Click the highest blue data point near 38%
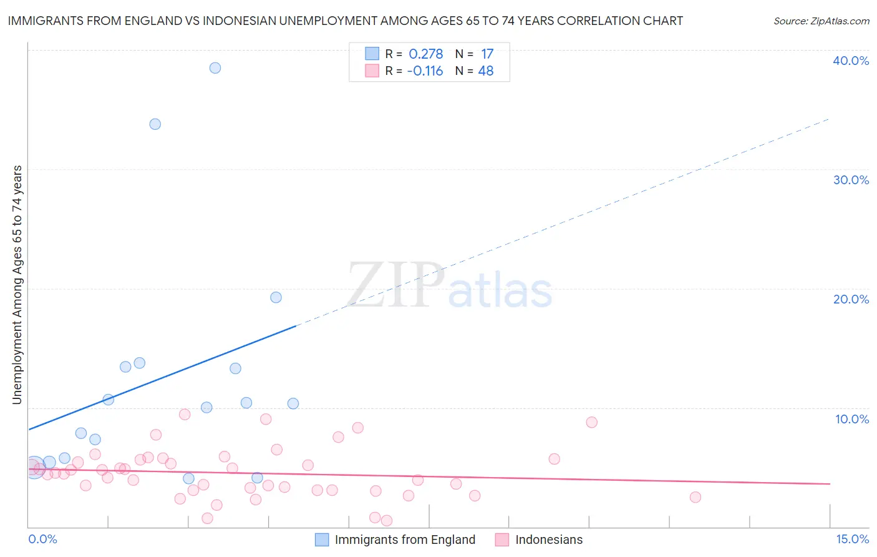click(215, 68)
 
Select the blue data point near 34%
click(155, 124)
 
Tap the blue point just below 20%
click(276, 297)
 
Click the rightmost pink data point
click(695, 497)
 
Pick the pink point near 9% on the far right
click(592, 422)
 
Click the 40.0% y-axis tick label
click(851, 61)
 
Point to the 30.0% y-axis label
click(851, 180)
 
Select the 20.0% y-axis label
click(851, 299)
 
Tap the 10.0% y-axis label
click(852, 419)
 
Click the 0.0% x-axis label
click(42, 539)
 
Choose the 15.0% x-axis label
click(852, 539)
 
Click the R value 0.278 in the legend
click(425, 54)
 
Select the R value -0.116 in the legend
click(425, 71)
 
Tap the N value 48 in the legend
click(486, 71)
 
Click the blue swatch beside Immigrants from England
click(322, 540)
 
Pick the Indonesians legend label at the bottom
click(549, 540)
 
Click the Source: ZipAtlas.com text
click(821, 21)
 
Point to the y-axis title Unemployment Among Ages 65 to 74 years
click(17, 285)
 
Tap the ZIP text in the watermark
click(395, 285)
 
